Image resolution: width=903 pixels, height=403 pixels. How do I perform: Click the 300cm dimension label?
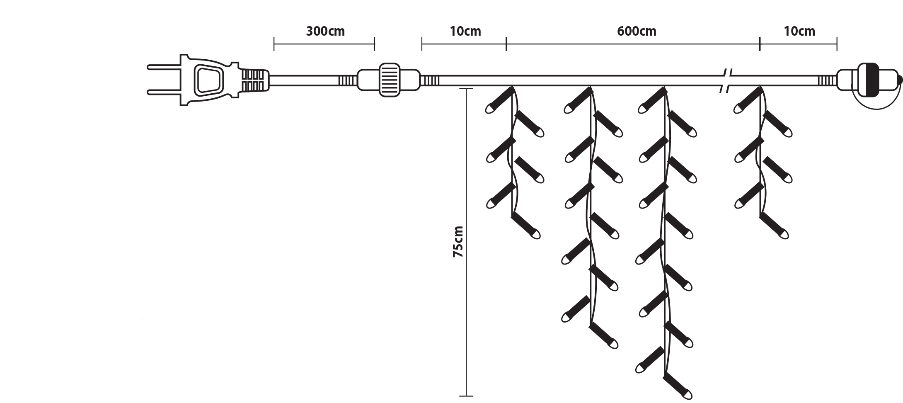coord(325,32)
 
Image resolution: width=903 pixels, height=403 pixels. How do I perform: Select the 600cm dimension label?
coord(636,32)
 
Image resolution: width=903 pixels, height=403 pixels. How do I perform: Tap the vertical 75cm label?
coord(458,242)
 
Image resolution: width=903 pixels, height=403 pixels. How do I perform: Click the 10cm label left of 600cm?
coord(465,32)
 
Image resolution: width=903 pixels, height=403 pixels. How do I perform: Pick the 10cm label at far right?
coord(799,32)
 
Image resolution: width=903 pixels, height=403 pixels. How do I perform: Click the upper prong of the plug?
coord(163,66)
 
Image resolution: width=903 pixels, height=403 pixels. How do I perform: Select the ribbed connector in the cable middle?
coord(390,80)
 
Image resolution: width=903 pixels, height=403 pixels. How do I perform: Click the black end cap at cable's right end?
coord(868,80)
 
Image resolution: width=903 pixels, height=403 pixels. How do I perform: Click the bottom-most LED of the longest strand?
coord(680,388)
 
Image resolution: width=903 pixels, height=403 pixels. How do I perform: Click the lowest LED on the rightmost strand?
coord(775,226)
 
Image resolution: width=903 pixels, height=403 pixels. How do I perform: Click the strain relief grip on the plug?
coord(254,80)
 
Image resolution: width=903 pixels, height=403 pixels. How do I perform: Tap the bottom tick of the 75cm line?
coord(466,396)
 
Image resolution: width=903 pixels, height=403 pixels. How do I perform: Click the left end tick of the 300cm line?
coord(274,44)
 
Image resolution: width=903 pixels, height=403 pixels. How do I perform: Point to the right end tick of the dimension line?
coord(837,44)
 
